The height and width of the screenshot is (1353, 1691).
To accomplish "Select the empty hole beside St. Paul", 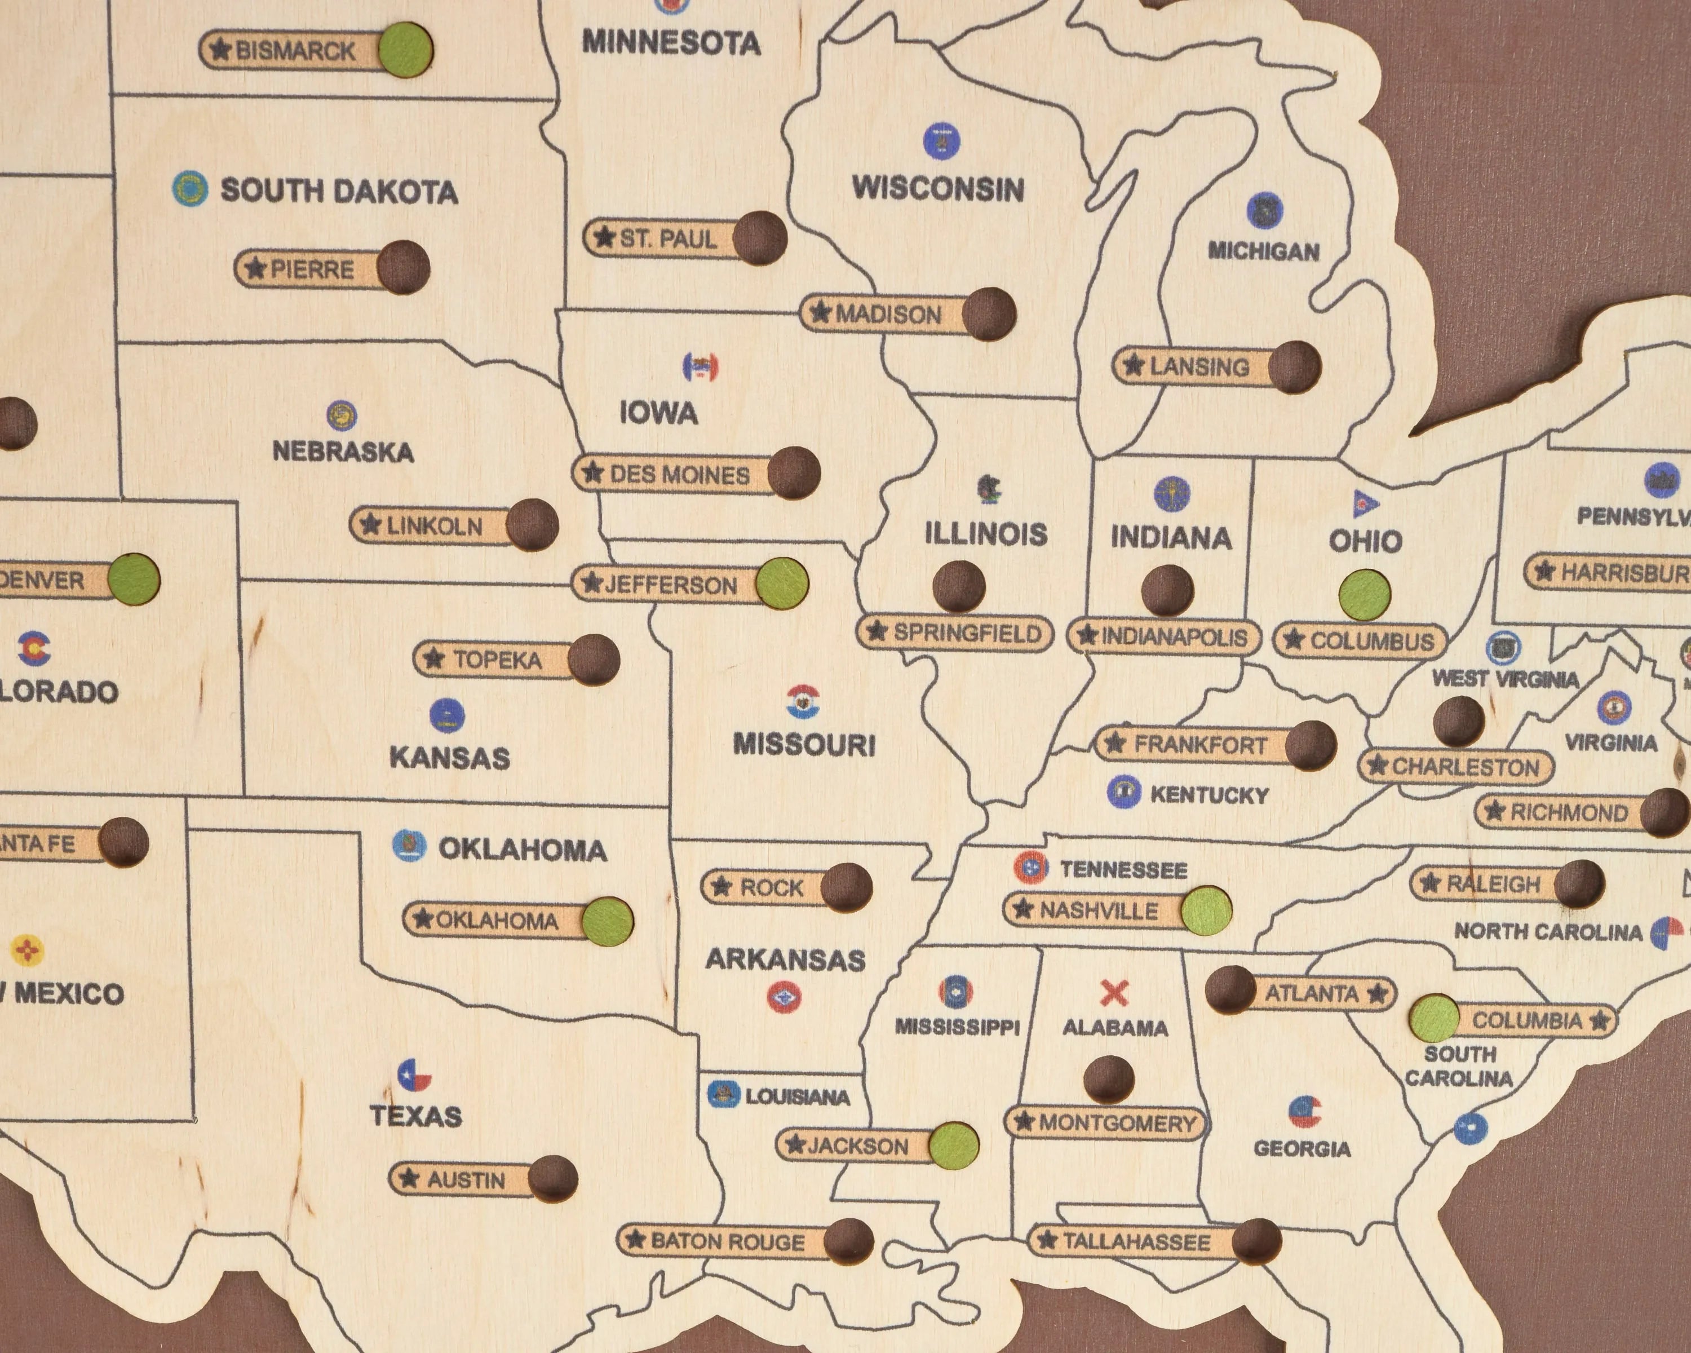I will (759, 238).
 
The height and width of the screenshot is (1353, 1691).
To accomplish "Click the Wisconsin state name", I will (938, 189).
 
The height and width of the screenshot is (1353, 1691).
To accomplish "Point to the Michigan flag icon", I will (1264, 210).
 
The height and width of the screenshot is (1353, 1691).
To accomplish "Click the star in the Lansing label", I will (1132, 365).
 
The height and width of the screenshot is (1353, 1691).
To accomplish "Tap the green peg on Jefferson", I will (782, 583).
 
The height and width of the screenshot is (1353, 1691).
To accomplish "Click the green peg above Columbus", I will (1365, 595).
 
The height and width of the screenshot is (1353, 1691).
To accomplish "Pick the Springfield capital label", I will (955, 633).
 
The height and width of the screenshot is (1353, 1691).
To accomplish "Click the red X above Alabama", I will (1114, 993).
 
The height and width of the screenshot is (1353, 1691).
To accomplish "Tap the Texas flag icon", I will (414, 1075).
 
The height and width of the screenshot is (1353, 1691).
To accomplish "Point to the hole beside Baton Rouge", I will (848, 1241).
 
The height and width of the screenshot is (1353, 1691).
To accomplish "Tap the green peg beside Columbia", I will (1435, 1019).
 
